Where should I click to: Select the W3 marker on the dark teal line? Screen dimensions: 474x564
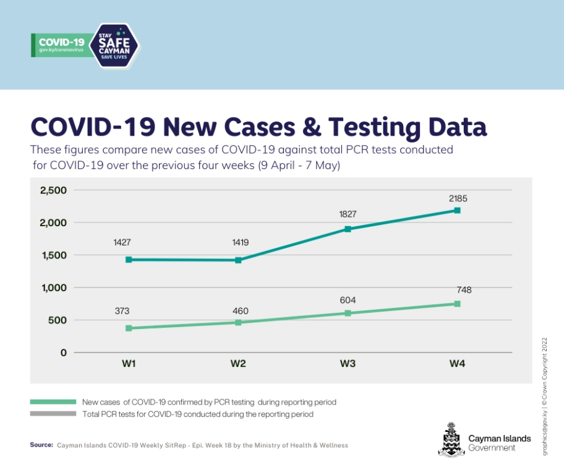(x=348, y=229)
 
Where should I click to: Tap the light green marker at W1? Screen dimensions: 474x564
(x=129, y=328)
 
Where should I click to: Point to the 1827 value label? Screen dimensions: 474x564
(x=348, y=214)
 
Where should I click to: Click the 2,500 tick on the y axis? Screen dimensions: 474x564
(x=53, y=190)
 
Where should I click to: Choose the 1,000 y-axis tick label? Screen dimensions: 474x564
(x=53, y=287)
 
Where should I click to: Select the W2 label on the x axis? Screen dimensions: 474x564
(x=238, y=364)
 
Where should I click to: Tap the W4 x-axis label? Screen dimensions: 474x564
(x=457, y=364)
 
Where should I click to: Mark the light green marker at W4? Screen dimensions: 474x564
(x=457, y=304)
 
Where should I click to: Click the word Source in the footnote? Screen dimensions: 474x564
(x=41, y=445)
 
